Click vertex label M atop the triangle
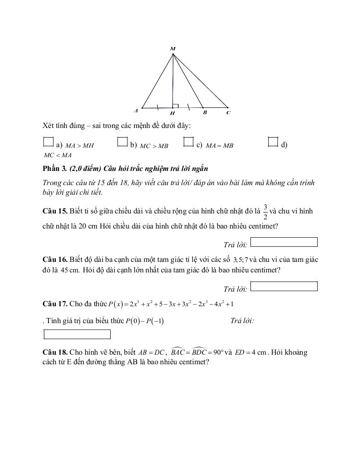click(x=173, y=48)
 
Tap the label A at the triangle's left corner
click(x=136, y=111)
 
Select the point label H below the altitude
click(x=172, y=113)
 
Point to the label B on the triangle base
click(x=205, y=112)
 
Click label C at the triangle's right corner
click(x=228, y=112)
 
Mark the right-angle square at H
click(x=176, y=106)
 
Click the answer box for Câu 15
click(x=284, y=242)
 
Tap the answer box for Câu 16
click(x=284, y=287)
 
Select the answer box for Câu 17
click(x=77, y=335)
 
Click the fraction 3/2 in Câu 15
click(x=266, y=212)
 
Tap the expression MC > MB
click(x=154, y=146)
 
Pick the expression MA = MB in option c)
click(x=219, y=146)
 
